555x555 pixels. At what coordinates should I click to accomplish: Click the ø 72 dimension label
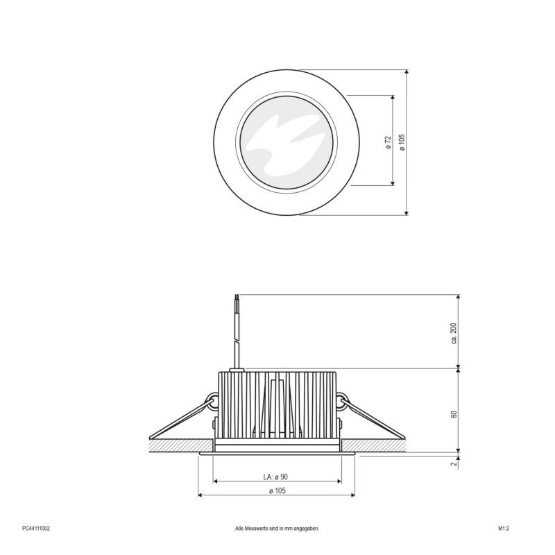(x=388, y=142)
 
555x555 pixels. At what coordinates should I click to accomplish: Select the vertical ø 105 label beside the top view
(x=402, y=142)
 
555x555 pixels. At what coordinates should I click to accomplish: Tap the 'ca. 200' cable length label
(x=454, y=333)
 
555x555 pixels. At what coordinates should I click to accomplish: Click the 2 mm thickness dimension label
(x=454, y=464)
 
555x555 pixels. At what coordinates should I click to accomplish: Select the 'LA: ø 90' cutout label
(x=275, y=477)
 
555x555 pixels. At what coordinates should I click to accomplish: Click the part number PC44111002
(x=36, y=528)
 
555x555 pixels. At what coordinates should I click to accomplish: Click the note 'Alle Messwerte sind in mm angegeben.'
(x=277, y=528)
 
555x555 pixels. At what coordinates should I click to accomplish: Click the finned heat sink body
(x=277, y=406)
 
